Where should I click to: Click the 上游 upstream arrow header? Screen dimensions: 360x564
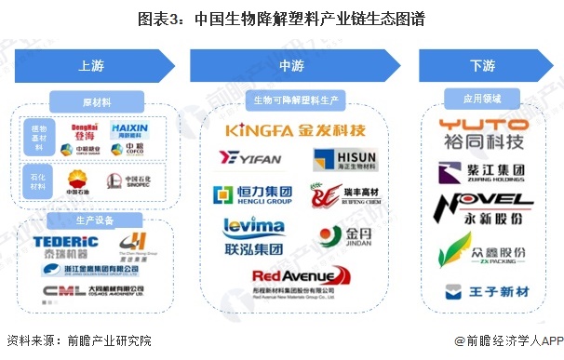[93, 65]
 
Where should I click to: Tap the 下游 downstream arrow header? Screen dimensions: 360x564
[482, 65]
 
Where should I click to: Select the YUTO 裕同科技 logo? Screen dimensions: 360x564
[482, 133]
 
